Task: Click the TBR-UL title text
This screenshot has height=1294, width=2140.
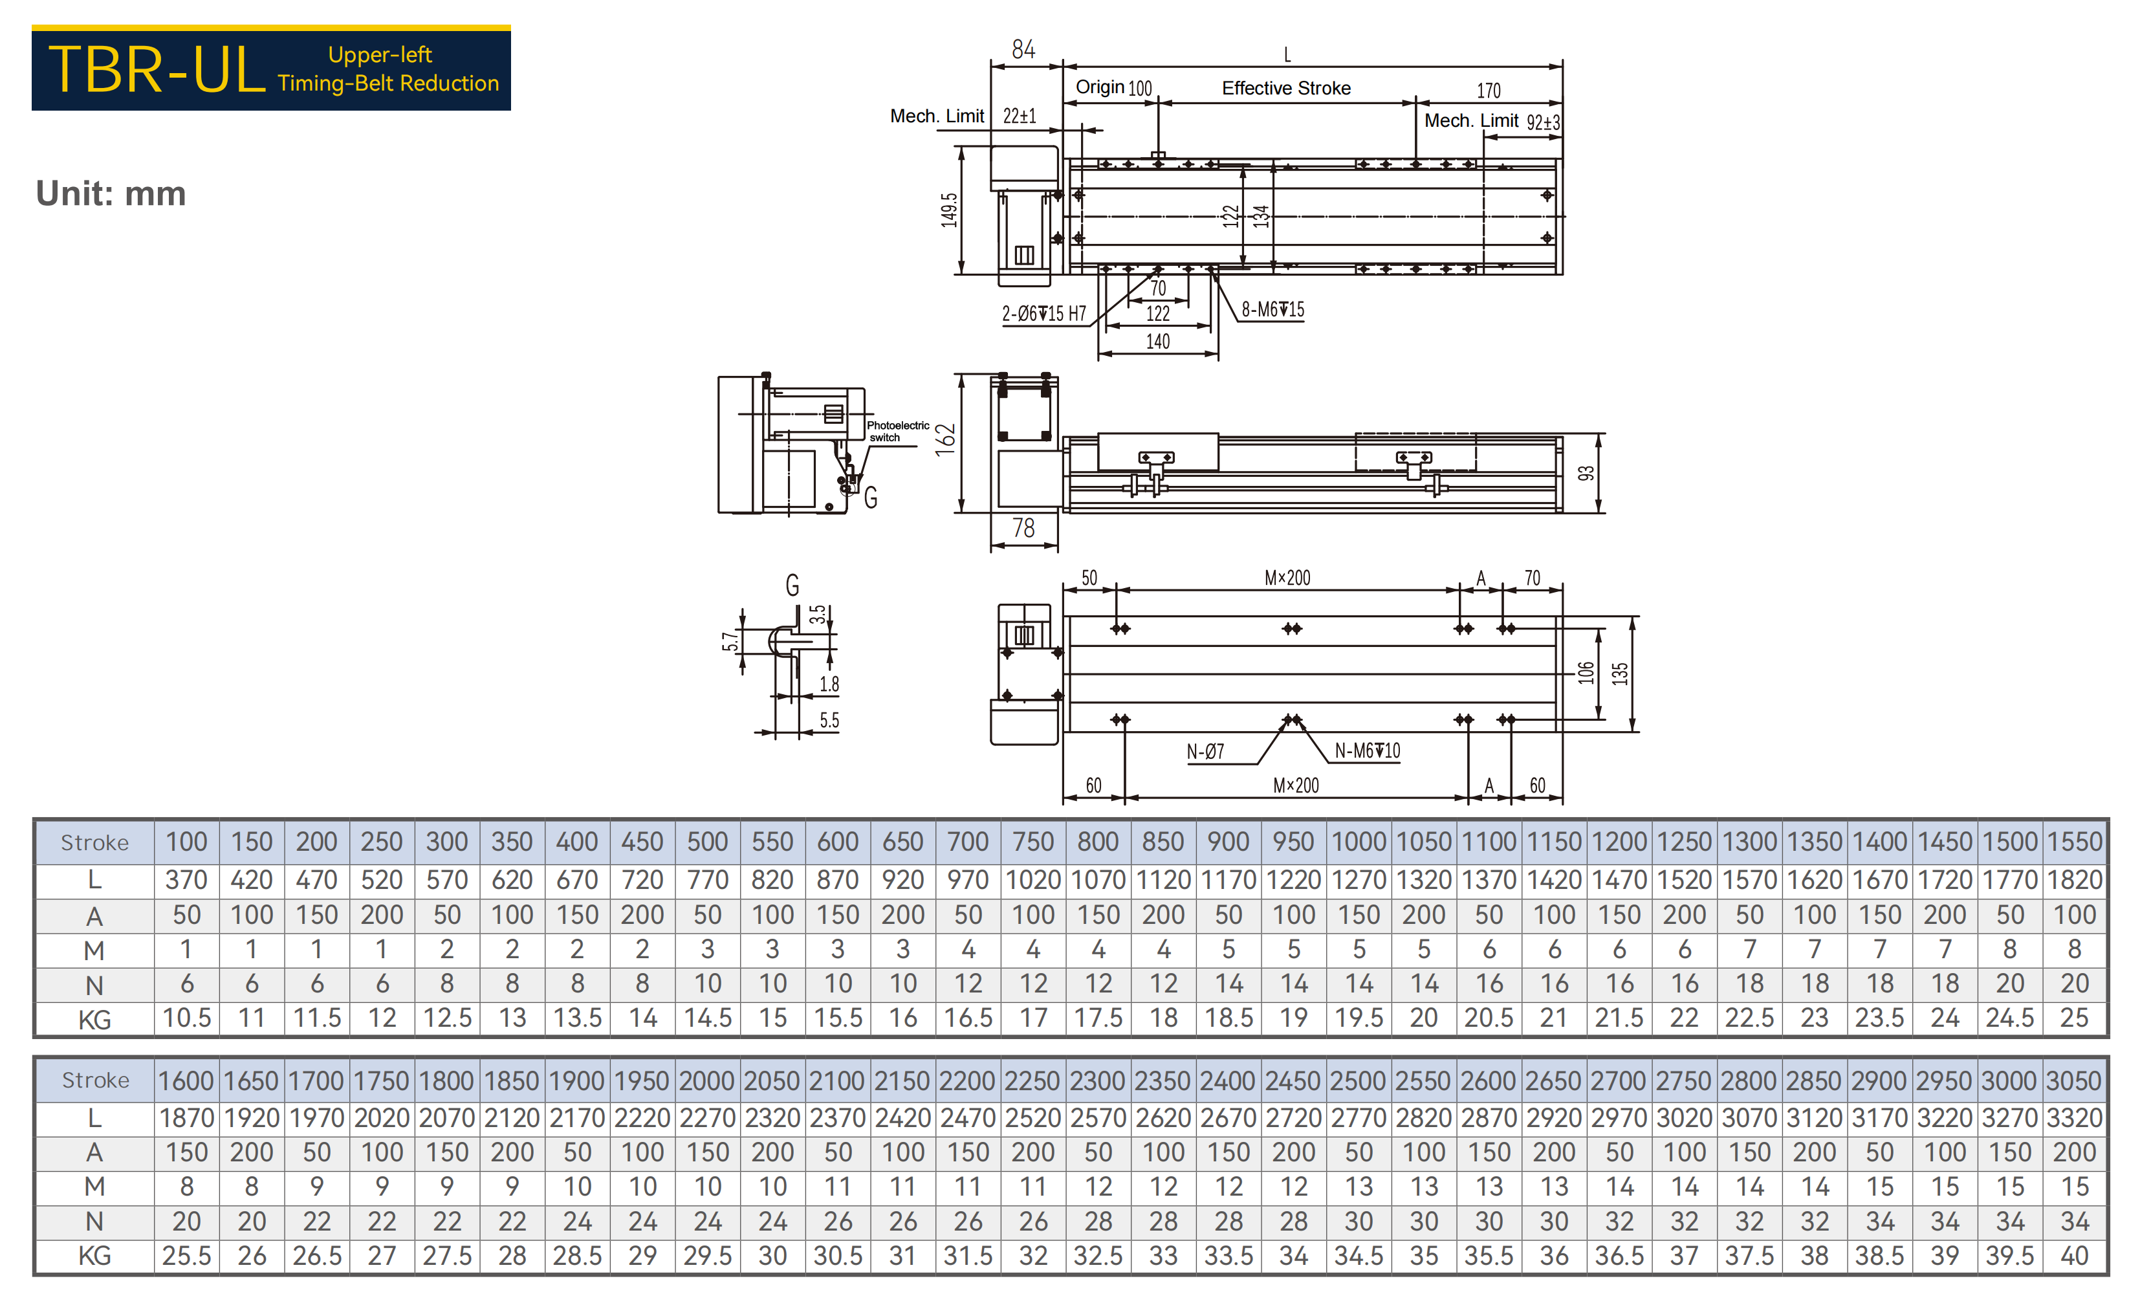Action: (x=157, y=69)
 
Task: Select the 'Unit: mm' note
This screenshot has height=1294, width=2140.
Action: (x=111, y=193)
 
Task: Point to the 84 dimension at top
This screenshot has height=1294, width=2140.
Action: (x=1023, y=50)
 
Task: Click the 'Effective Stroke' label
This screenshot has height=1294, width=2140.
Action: (x=1285, y=88)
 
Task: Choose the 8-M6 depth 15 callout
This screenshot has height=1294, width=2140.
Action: (x=1272, y=309)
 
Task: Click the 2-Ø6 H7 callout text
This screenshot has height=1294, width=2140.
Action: (x=1044, y=314)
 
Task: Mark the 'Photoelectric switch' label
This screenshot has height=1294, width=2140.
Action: (x=897, y=432)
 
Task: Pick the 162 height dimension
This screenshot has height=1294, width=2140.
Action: (x=945, y=439)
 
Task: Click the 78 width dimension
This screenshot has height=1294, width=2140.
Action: (x=1023, y=528)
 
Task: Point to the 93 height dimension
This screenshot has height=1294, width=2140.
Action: (x=1586, y=474)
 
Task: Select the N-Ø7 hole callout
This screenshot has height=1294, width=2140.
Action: (x=1205, y=751)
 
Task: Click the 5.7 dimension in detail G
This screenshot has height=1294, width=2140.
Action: (x=730, y=641)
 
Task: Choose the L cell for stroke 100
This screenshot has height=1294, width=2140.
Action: (x=187, y=880)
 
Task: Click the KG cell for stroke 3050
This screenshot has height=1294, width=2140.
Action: (x=2074, y=1256)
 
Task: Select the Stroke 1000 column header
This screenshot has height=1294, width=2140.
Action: (x=1359, y=842)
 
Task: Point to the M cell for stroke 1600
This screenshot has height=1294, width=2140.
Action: (x=187, y=1187)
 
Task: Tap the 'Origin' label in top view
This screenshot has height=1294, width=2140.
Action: (x=1100, y=87)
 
